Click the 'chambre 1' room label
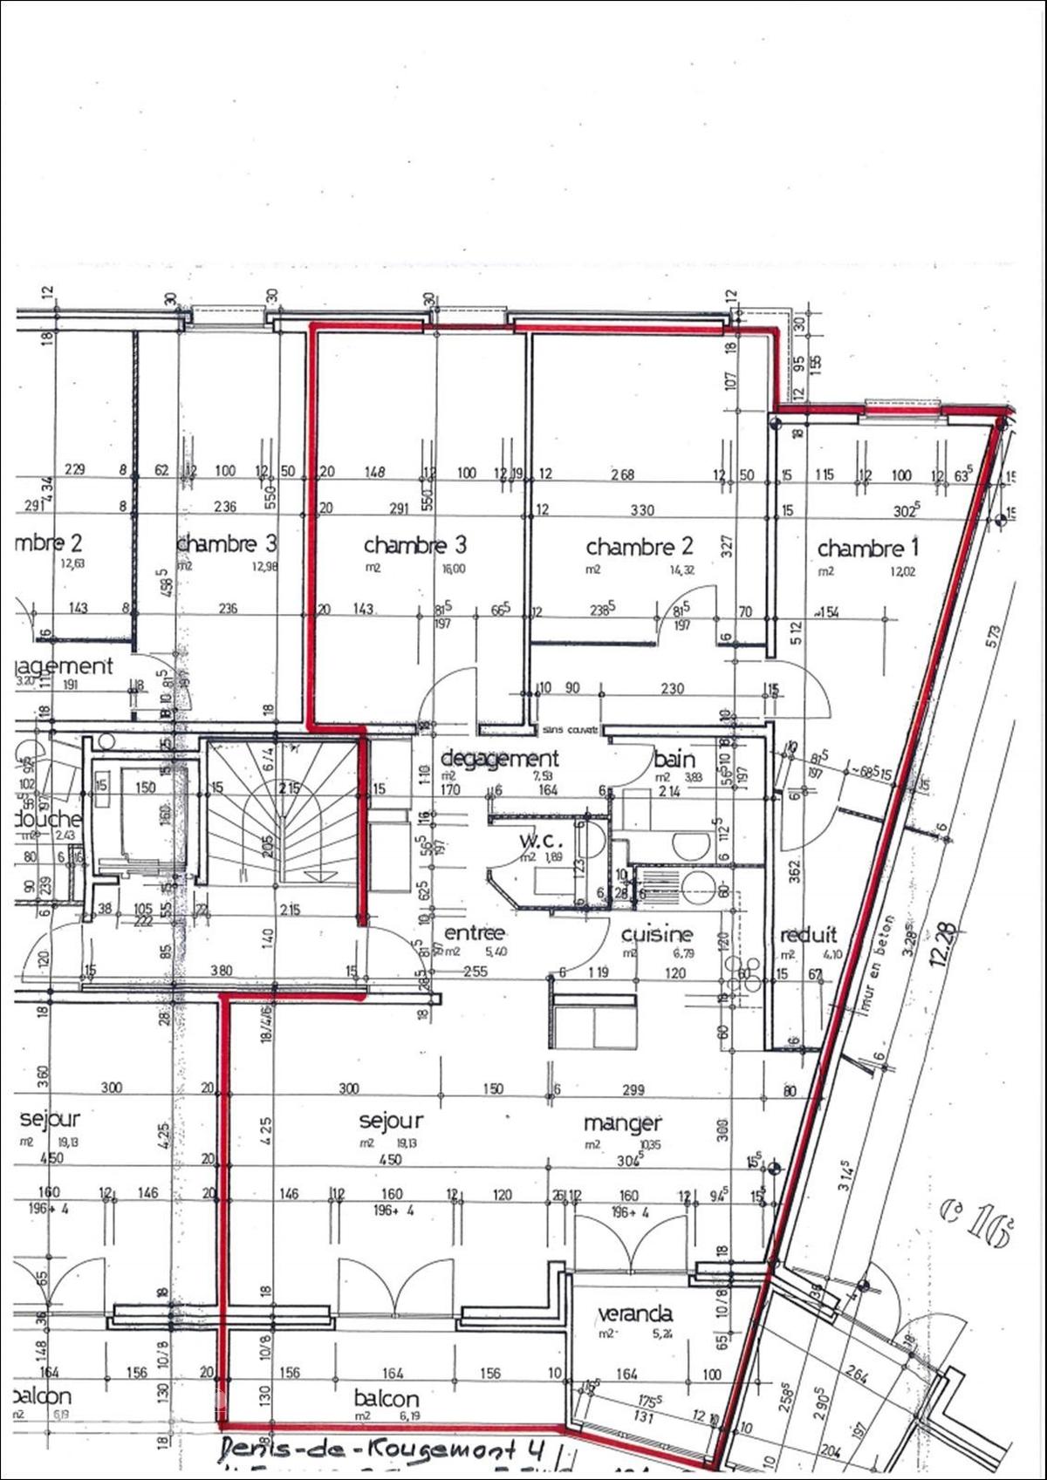click(x=868, y=549)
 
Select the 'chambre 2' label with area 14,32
click(x=639, y=547)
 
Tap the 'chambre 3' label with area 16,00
click(x=415, y=545)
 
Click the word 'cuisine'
click(x=657, y=934)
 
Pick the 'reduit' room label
click(x=806, y=934)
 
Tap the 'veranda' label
click(x=634, y=1313)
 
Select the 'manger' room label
click(x=622, y=1122)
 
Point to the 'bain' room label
click(x=674, y=758)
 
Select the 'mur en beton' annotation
click(x=879, y=961)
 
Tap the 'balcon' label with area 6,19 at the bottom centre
click(x=387, y=1398)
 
